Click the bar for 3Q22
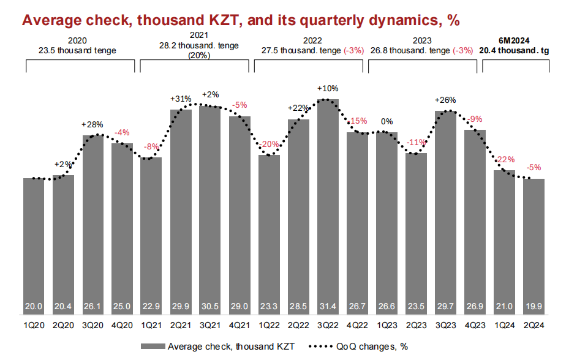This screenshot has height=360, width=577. (x=328, y=208)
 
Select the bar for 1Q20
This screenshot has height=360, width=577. (x=34, y=245)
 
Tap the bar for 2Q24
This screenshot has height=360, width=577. (x=534, y=245)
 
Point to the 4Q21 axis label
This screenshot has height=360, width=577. (x=239, y=326)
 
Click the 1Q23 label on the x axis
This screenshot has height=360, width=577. (x=387, y=326)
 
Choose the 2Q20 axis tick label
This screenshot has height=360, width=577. (x=63, y=326)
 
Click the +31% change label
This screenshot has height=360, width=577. (x=181, y=98)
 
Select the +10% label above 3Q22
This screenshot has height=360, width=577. (x=328, y=88)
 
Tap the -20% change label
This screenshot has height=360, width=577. (x=269, y=144)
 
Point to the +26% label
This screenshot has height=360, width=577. (x=445, y=100)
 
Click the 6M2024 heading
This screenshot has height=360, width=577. (x=515, y=41)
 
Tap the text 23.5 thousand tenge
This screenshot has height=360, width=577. (x=80, y=50)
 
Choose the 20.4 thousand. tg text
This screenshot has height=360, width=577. (x=515, y=50)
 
